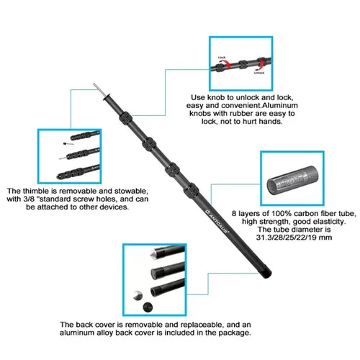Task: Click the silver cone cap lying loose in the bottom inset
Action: [136, 295]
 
